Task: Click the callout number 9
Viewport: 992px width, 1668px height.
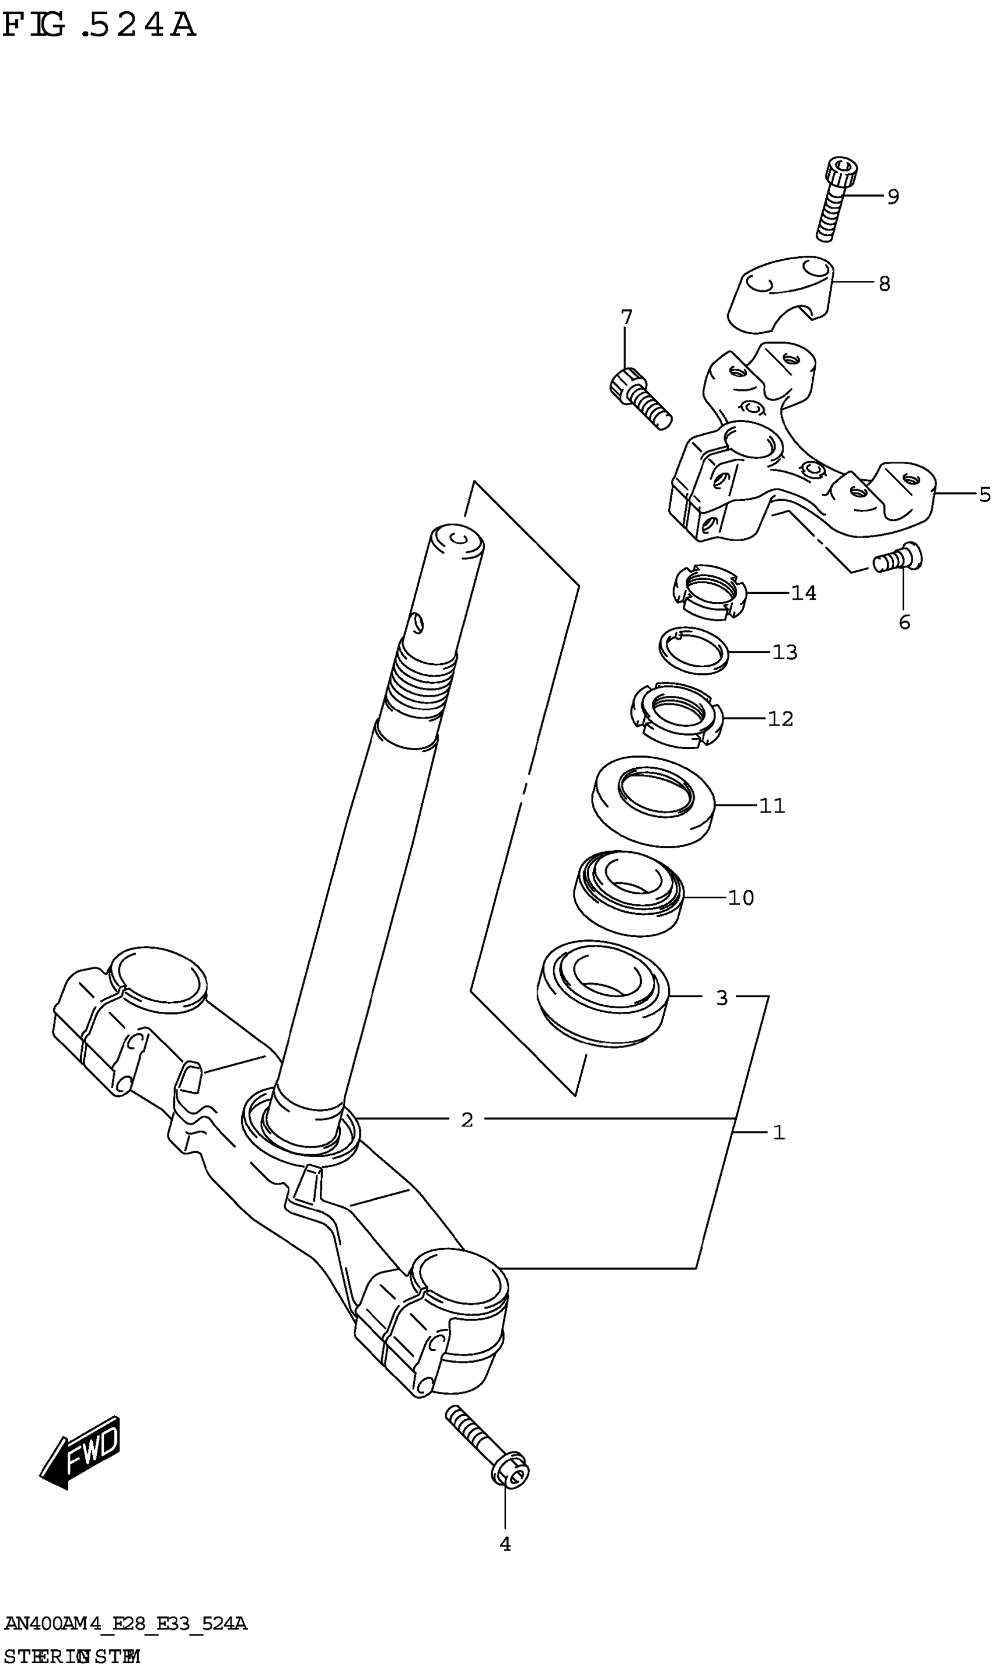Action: (x=893, y=197)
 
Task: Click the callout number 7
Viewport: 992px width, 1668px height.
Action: (x=626, y=317)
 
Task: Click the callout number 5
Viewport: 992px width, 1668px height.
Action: (x=984, y=495)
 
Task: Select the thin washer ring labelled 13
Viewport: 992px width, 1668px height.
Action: (x=694, y=650)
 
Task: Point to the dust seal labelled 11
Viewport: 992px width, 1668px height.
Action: (x=653, y=800)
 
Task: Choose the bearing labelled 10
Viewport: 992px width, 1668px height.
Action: (x=629, y=892)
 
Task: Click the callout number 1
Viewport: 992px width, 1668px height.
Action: (x=778, y=1132)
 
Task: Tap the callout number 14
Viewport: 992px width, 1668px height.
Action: (x=804, y=593)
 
